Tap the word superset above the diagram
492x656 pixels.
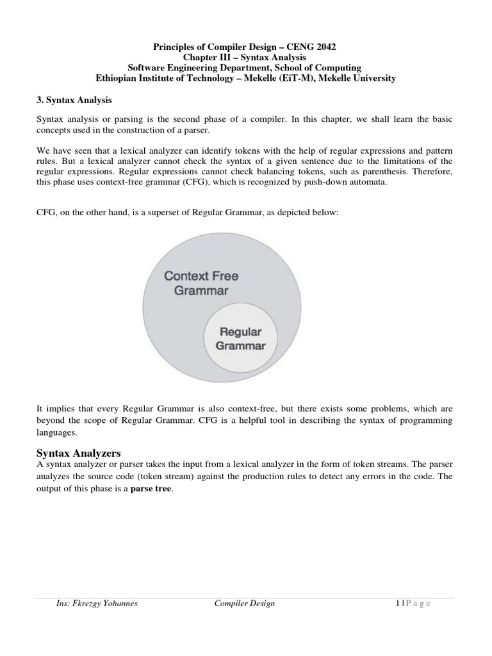coord(175,212)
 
